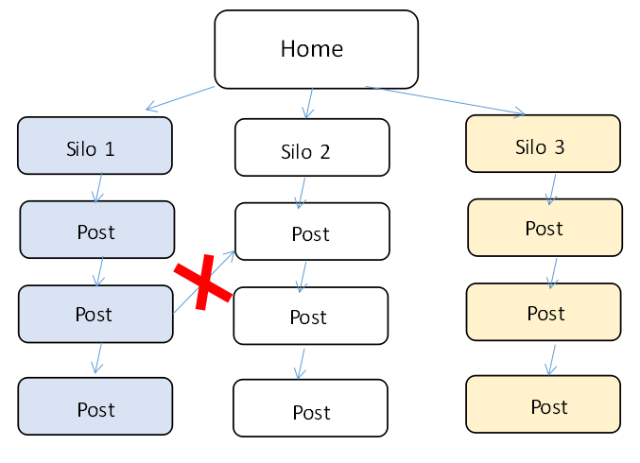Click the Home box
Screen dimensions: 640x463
click(317, 49)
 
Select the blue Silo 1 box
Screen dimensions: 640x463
click(95, 146)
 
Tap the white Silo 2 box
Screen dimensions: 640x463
click(312, 147)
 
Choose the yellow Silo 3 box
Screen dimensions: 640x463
click(543, 144)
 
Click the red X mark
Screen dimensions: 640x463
click(203, 283)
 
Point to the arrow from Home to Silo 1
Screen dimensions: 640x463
click(180, 98)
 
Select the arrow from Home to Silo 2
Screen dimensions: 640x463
click(309, 103)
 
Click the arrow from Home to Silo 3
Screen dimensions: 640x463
click(445, 100)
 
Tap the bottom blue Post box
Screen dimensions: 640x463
click(95, 406)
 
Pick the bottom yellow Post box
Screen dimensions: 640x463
click(543, 404)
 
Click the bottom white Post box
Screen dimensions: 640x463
click(311, 408)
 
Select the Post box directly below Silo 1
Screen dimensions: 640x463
click(97, 230)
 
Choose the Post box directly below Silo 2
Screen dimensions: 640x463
click(312, 231)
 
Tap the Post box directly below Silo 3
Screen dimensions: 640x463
click(545, 228)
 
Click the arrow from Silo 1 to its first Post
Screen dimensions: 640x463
click(98, 188)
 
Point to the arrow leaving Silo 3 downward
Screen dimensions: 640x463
click(552, 190)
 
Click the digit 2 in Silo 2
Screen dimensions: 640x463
click(325, 152)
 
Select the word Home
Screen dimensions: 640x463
click(312, 49)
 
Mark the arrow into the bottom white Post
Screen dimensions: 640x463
click(301, 364)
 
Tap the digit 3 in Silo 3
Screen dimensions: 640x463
click(560, 147)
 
